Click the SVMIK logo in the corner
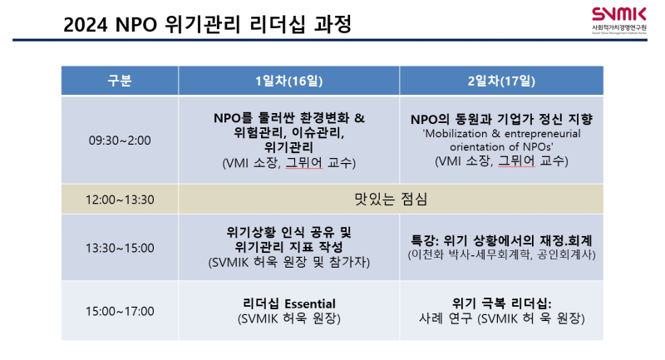coord(619,20)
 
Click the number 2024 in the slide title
coord(86,25)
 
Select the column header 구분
coord(120,81)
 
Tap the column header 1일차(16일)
coord(288,81)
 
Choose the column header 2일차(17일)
coord(501,81)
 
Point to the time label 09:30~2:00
coord(120,141)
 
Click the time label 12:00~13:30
coord(120,200)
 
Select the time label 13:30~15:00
coord(120,248)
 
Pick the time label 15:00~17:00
coord(120,311)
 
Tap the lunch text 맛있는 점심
coord(391,199)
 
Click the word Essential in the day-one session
coord(309,303)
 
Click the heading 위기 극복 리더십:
coord(501,303)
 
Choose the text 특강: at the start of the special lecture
coord(425,241)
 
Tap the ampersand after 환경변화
coord(359,118)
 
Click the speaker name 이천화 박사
coord(441,255)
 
